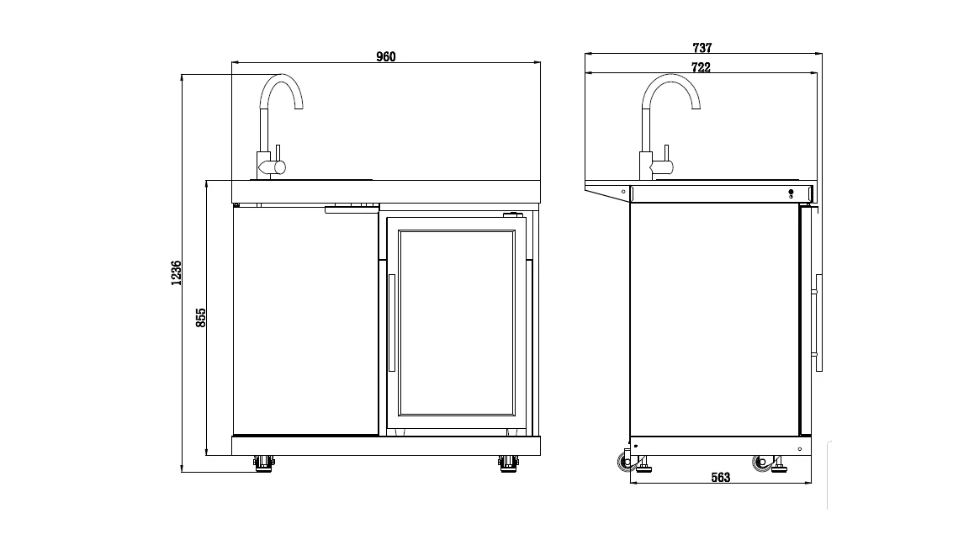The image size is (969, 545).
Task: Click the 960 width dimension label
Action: pos(385,57)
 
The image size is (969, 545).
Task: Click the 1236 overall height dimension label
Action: pos(177,272)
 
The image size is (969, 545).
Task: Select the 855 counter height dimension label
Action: pos(201,318)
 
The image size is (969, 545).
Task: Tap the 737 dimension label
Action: pos(702,48)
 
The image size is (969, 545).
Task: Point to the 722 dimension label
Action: pos(701,67)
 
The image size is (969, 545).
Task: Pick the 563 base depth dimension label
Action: pos(721,477)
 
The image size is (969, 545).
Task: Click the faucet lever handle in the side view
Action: pos(667,154)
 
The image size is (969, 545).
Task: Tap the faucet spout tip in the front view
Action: pos(299,108)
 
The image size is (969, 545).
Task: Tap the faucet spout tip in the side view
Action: pos(696,108)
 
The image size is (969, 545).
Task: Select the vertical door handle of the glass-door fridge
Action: pos(391,323)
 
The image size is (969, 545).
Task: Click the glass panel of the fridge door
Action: pos(457,323)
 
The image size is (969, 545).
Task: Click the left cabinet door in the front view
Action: pos(306,321)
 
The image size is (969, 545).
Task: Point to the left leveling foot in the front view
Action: pos(264,463)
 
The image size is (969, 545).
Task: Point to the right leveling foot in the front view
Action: pos(509,463)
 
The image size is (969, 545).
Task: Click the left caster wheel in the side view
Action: pos(626,462)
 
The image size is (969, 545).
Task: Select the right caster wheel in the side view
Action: pos(761,463)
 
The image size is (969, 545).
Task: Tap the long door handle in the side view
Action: pos(818,323)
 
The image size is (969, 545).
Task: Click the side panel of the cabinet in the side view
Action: pos(714,320)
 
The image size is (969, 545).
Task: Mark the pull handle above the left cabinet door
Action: pos(352,210)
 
